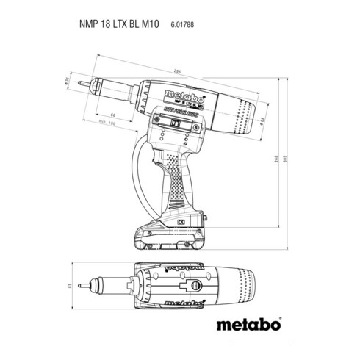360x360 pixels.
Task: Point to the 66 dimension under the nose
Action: pyautogui.click(x=112, y=115)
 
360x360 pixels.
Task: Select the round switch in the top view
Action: pyautogui.click(x=192, y=287)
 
